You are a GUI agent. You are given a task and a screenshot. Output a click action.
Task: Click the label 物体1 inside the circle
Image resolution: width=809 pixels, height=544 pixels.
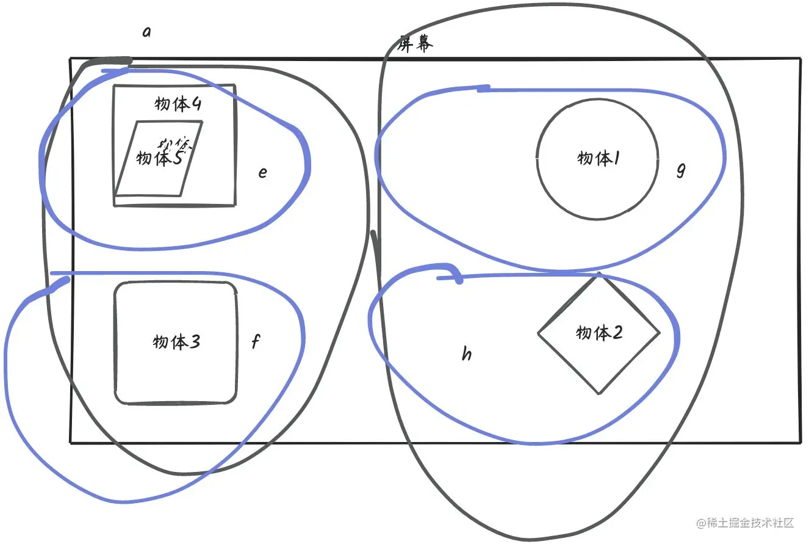coord(599,159)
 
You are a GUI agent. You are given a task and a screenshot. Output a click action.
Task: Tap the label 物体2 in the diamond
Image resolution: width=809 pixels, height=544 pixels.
coord(599,333)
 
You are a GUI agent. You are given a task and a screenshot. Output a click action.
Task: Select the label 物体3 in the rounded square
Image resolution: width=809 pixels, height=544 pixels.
coord(176,342)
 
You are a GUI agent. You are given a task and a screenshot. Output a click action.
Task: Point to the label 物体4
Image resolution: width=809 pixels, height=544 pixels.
coord(178,104)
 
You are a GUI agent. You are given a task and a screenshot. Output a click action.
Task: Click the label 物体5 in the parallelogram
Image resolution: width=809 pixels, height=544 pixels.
coord(159,158)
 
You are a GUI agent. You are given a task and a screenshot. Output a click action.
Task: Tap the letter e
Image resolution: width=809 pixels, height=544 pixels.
coord(262,172)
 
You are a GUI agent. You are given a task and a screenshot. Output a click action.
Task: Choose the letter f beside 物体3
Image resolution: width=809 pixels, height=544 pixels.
coord(256,342)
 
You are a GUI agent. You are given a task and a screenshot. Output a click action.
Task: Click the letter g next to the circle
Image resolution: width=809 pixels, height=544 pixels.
coord(681,170)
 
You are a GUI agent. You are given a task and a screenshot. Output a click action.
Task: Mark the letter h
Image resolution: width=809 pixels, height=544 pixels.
coord(467,354)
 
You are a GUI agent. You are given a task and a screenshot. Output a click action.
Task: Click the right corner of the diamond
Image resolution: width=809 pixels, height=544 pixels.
coord(660,333)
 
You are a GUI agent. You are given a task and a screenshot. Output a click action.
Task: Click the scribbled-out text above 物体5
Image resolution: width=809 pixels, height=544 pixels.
coord(176,144)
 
